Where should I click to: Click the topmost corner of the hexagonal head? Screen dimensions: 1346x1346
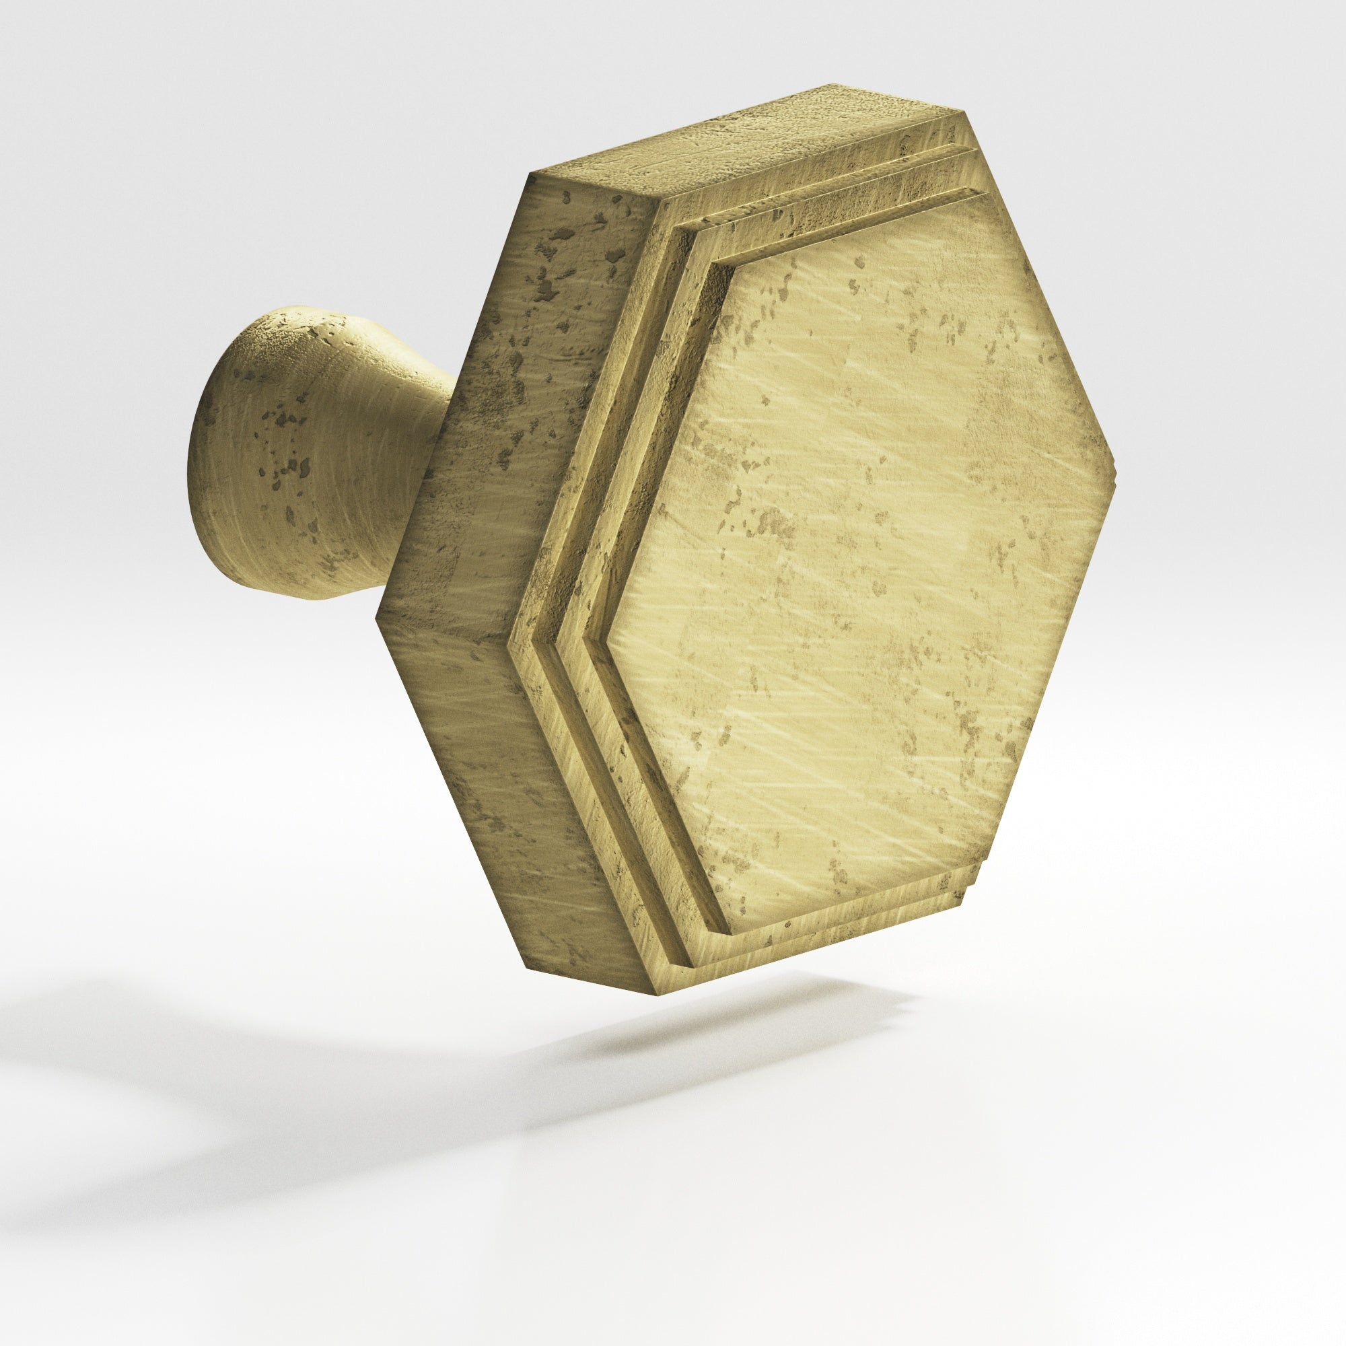[x=833, y=87]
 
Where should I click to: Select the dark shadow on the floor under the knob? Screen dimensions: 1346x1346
[x=697, y=1045]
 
